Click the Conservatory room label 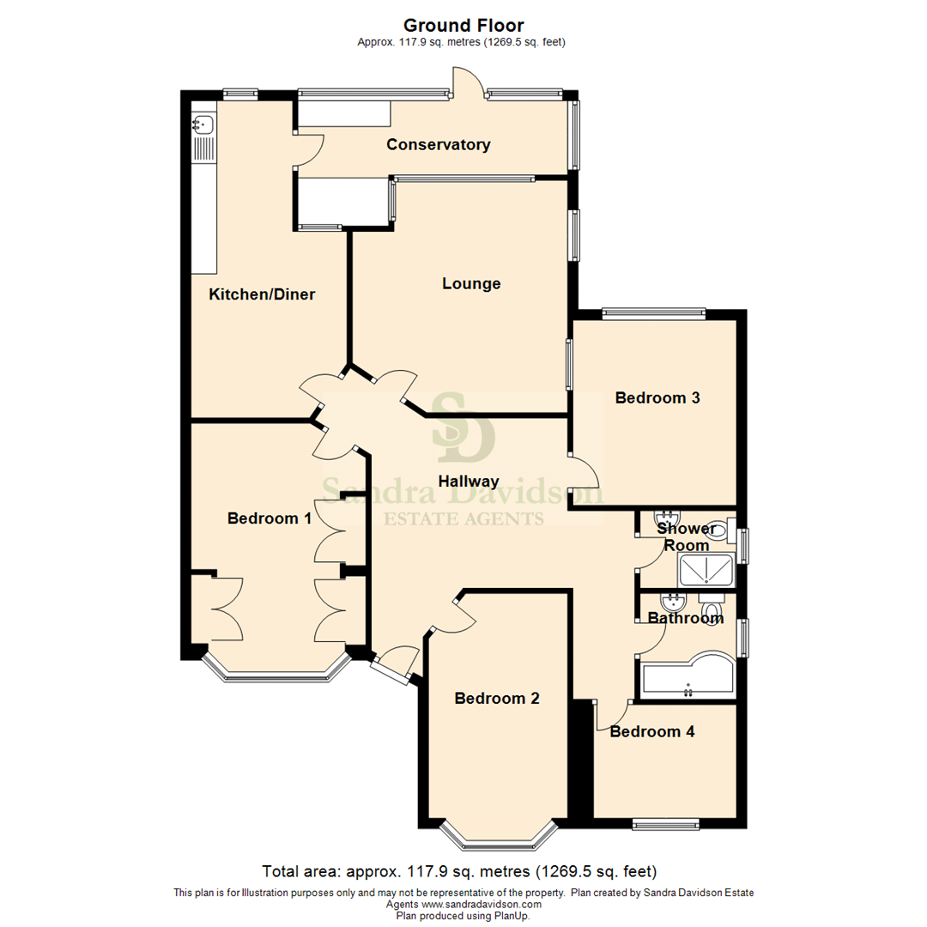click(438, 145)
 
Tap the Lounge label click(471, 284)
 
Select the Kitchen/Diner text click(262, 294)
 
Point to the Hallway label click(469, 482)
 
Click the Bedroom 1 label click(269, 518)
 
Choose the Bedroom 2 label click(497, 698)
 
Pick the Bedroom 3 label click(657, 398)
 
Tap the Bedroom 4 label click(652, 732)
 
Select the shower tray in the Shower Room click(706, 570)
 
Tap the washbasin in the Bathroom click(673, 603)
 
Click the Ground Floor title click(463, 26)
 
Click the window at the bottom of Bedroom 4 click(666, 823)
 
